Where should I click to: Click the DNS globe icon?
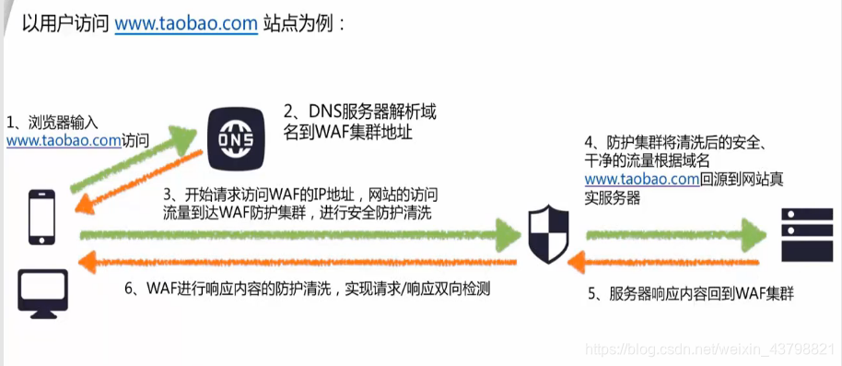point(235,138)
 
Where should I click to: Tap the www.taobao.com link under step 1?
point(64,141)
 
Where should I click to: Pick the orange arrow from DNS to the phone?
point(138,184)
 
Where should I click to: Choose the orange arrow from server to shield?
point(663,263)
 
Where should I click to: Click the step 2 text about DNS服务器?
point(359,123)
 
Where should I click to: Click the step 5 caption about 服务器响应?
point(691,295)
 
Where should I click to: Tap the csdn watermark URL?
point(710,351)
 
